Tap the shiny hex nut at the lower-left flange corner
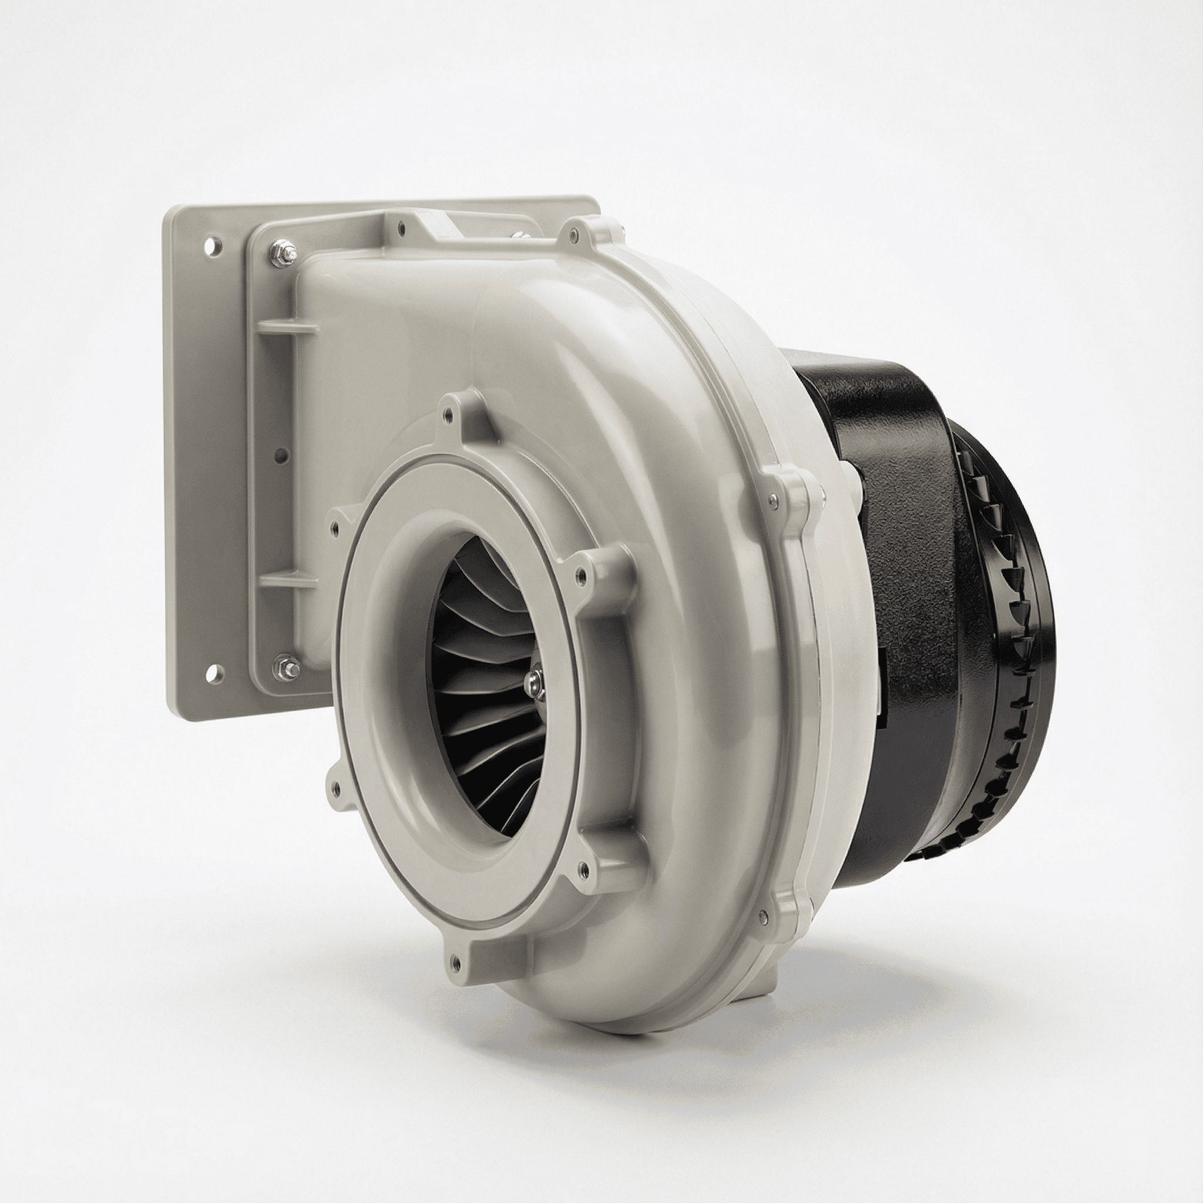coord(288,666)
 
